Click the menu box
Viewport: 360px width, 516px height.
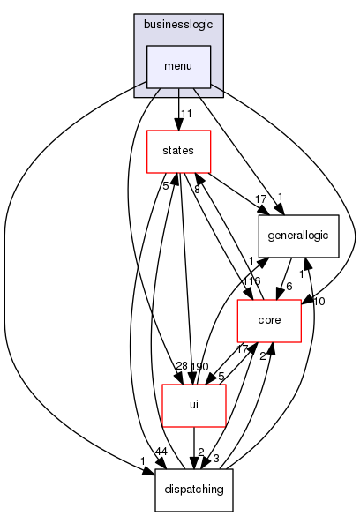pos(178,64)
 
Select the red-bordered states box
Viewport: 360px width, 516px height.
pos(178,151)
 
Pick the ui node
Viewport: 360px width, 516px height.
pos(193,405)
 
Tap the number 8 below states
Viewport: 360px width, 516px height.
pos(197,189)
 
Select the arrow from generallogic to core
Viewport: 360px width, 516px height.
pos(279,278)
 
